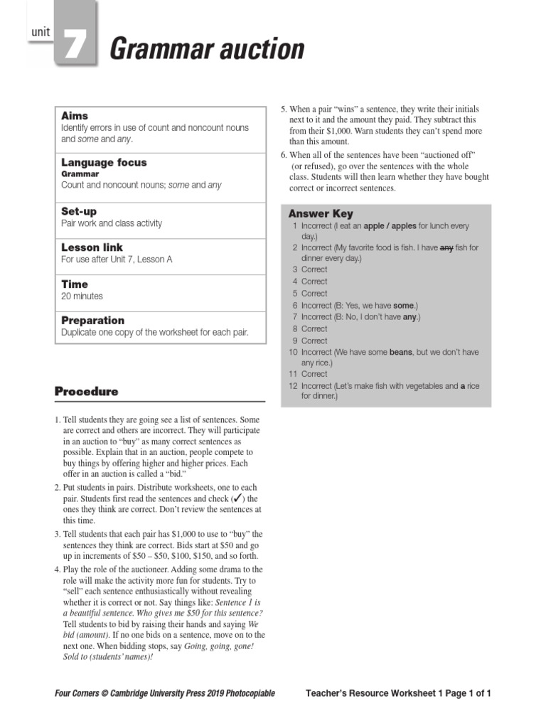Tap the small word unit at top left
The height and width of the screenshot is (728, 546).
pos(41,32)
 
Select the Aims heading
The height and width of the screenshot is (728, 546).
pos(74,115)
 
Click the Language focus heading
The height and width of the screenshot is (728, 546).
pos(104,162)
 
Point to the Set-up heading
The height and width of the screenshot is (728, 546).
pos(79,211)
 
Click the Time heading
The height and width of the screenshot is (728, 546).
pos(75,284)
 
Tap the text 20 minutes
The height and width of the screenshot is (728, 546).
pos(82,296)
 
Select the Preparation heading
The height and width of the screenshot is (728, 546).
pos(92,320)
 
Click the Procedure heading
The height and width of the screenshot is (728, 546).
pos(86,392)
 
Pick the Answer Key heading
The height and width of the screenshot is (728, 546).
pos(321,213)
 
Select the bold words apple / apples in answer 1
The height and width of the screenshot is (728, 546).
pos(390,226)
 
